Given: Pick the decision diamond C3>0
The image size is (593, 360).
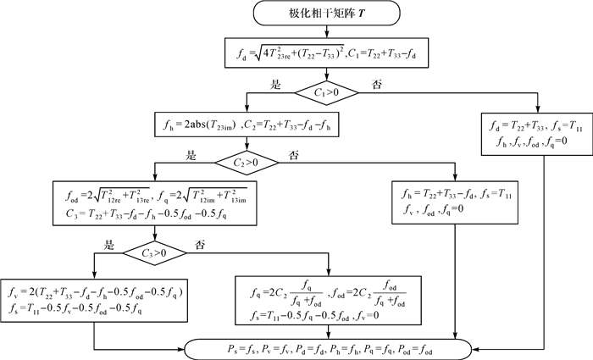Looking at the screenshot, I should pyautogui.click(x=156, y=252).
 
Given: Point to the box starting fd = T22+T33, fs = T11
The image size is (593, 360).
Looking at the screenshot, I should pyautogui.click(x=532, y=134).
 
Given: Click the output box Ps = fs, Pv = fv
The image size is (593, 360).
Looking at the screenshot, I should pyautogui.click(x=331, y=347).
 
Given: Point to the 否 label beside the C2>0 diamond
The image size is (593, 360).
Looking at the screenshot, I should pyautogui.click(x=294, y=153).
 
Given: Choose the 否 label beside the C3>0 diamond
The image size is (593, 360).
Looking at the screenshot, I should pyautogui.click(x=201, y=245).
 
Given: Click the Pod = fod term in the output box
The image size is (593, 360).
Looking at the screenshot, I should pyautogui.click(x=434, y=348).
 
